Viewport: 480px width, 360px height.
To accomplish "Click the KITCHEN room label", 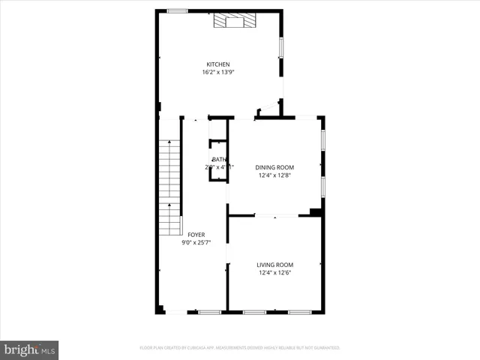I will coord(218,64).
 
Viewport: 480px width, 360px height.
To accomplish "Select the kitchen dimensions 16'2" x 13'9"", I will coord(218,73).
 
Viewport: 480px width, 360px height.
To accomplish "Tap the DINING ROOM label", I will coord(274,167).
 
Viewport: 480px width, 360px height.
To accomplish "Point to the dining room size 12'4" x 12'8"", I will coord(274,175).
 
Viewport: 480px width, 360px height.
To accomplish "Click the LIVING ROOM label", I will coord(275,265).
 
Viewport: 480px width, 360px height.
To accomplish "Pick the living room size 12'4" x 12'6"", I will coord(275,273).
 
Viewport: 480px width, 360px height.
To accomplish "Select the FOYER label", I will coord(196,235).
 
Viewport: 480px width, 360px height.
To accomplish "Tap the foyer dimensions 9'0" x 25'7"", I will coord(196,243).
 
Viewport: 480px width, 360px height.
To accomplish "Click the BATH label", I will coord(219,160).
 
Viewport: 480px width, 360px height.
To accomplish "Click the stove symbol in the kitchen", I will coord(235,22).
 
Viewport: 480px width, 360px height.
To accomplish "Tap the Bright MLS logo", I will coord(29,349).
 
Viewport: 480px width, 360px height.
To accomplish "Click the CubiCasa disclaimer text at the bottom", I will coord(240,348).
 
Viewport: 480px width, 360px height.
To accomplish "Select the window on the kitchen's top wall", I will coord(177,10).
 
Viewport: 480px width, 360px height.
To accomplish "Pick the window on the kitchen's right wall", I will coord(281,47).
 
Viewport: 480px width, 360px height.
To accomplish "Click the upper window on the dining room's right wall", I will coord(322,140).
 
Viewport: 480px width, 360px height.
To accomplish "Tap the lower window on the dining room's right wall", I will coord(322,187).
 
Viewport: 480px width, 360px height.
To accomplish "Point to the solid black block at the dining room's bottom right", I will coord(316,212).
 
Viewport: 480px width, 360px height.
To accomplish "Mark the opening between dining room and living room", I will coord(275,216).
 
